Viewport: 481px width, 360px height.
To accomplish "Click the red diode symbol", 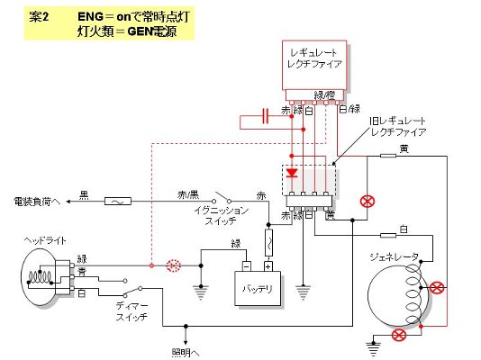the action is tap(292, 173).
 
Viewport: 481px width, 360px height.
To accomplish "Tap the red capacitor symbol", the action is tap(266, 116).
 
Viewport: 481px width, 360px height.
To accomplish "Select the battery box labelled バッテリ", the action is tap(258, 288).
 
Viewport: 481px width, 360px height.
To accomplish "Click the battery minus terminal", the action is tap(246, 266).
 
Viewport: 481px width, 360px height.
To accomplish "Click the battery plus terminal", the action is tap(268, 266).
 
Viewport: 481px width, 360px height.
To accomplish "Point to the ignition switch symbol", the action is tap(222, 198).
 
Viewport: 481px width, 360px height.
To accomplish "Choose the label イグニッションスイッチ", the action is tap(222, 216).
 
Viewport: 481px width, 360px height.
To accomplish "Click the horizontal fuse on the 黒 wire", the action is tap(118, 202).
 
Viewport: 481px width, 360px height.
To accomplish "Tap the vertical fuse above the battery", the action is tap(268, 242).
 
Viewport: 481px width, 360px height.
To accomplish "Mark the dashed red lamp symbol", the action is tap(173, 265).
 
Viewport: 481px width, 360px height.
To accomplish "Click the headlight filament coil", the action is tap(40, 276).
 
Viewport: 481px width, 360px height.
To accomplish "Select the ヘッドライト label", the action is tap(45, 241).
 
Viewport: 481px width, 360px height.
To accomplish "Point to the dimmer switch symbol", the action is tap(132, 292).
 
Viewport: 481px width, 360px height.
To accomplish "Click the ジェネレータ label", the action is tap(394, 256).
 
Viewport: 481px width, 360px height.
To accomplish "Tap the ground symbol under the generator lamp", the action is tap(373, 347).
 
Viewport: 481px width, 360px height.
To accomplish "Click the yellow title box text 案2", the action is tap(39, 17).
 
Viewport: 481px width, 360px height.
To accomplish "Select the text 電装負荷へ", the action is tap(37, 202).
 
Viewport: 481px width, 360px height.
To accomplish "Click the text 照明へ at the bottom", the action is tap(186, 353).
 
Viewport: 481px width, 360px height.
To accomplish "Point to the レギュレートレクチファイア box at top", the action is tap(314, 66).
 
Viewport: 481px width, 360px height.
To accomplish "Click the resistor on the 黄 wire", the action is tap(388, 156).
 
